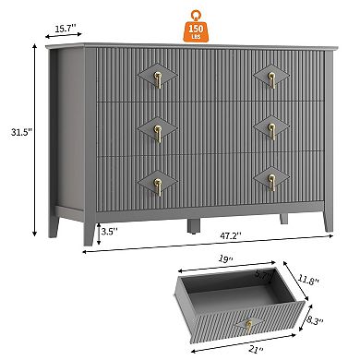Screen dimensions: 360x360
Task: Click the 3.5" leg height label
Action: (109, 231)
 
